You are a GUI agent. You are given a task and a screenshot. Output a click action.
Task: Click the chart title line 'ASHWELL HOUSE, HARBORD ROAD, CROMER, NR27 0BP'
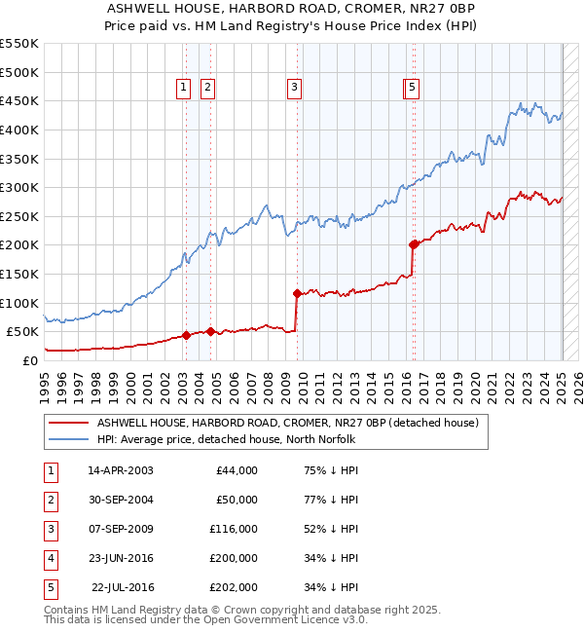(291, 10)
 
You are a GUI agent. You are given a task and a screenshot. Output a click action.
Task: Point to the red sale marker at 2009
(296, 292)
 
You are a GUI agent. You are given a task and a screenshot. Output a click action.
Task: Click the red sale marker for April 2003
(186, 335)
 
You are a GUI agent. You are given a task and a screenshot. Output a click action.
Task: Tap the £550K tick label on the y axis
(19, 44)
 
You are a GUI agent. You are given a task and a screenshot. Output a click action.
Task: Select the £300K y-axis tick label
(19, 187)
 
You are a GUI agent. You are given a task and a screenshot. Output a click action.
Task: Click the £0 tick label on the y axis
(29, 360)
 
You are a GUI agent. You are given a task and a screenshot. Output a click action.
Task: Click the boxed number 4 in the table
(50, 558)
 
